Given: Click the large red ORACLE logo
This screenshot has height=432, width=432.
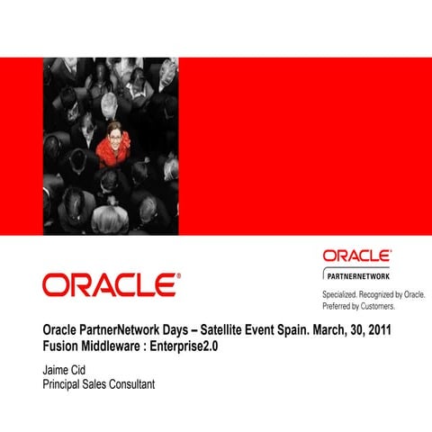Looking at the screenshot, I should [x=109, y=285].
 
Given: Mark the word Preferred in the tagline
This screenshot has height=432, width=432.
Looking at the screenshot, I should [x=339, y=306].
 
